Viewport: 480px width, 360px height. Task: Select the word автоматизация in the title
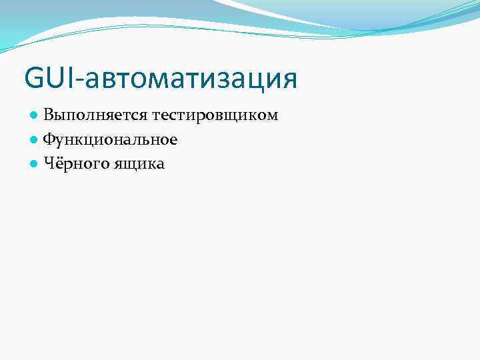pos(189,79)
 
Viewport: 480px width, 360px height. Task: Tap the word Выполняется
pos(95,116)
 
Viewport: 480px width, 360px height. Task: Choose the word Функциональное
pos(110,139)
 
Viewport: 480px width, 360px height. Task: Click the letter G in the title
pos(34,77)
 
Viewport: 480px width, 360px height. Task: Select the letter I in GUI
pos(71,77)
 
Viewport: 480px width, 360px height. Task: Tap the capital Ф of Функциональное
pos(50,139)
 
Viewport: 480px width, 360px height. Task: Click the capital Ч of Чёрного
pos(49,163)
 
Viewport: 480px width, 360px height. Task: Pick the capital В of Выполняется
pos(49,116)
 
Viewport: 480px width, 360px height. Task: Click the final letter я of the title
pos(288,81)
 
